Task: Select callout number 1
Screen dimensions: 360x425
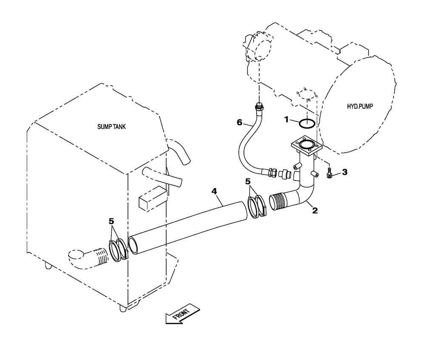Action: (288, 121)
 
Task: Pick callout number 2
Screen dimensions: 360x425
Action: (315, 210)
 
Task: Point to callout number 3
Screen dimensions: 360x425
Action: (345, 172)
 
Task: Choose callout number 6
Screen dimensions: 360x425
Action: (240, 123)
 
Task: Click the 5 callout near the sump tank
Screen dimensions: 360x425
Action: (111, 221)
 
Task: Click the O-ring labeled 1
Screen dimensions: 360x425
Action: (307, 123)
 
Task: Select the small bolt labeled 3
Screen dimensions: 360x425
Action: (330, 173)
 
